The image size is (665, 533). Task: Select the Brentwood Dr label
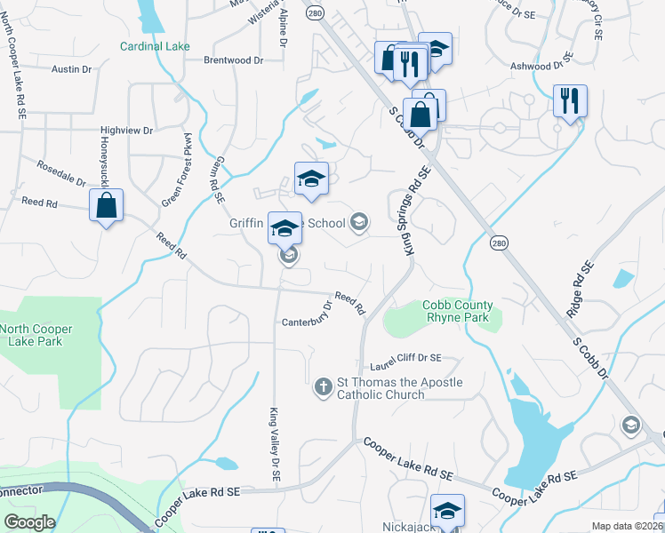click(234, 61)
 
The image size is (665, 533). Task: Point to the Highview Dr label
click(127, 131)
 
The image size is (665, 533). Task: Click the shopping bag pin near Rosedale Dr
click(107, 205)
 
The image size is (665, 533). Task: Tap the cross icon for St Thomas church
click(323, 386)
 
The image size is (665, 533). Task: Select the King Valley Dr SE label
click(275, 445)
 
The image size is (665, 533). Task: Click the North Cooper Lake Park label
click(36, 336)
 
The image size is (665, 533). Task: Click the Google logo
click(30, 522)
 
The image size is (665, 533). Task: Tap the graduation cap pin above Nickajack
click(447, 510)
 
